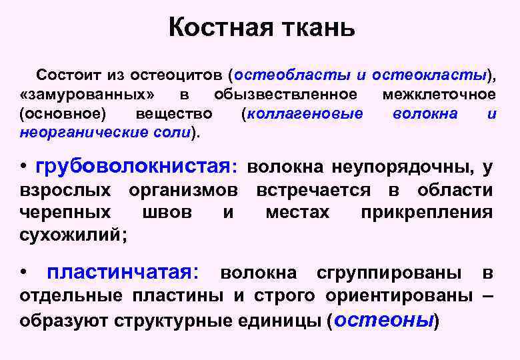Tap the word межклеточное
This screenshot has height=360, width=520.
pyautogui.click(x=439, y=93)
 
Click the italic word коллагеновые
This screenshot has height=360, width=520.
pyautogui.click(x=305, y=113)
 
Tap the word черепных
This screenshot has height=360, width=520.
pyautogui.click(x=65, y=213)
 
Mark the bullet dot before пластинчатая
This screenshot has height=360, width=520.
pyautogui.click(x=24, y=273)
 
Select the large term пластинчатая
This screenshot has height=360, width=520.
pyautogui.click(x=122, y=273)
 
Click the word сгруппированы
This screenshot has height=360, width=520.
pyautogui.click(x=389, y=273)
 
